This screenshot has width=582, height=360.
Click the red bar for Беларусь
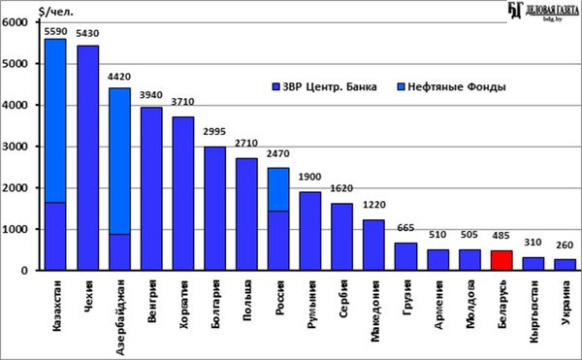tap(501, 260)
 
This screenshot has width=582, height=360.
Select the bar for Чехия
tap(88, 158)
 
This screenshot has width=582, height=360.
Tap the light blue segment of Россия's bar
tap(278, 189)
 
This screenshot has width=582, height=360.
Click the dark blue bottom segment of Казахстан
tap(55, 237)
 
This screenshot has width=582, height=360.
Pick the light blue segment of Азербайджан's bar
tap(119, 161)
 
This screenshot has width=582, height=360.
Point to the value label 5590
tap(55, 31)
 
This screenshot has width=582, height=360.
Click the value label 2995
tap(214, 132)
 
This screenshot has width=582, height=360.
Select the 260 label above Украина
tap(565, 245)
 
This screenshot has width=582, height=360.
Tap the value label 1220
tap(373, 205)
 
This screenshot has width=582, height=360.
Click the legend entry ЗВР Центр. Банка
tap(324, 86)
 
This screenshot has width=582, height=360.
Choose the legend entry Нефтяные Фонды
tap(451, 86)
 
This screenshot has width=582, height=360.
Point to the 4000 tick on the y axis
tap(16, 105)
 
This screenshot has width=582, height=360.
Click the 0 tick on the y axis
tap(24, 271)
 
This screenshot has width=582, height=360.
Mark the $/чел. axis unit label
tap(56, 12)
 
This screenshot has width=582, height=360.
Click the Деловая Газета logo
tap(543, 11)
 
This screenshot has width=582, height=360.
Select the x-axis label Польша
tap(246, 300)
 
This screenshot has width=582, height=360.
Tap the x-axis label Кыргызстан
tap(533, 311)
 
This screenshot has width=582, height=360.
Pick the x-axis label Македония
tap(374, 311)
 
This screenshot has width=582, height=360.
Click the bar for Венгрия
tap(151, 189)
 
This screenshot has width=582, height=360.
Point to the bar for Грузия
tap(405, 256)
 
